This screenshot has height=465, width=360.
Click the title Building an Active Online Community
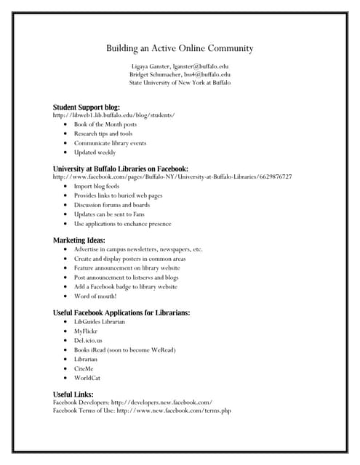(180, 49)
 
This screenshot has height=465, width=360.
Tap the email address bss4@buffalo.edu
(207, 74)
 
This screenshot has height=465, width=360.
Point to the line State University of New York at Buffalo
(180, 83)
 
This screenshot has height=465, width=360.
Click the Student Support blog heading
(86, 108)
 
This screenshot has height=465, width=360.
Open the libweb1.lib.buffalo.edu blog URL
(113, 116)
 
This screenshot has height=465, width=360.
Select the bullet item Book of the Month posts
(105, 124)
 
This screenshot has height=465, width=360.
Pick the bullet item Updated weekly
(95, 153)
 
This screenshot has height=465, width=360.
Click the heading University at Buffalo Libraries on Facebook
(121, 169)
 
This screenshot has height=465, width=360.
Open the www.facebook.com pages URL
(172, 177)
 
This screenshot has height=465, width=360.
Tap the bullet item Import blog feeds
(96, 186)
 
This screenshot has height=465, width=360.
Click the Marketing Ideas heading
(79, 240)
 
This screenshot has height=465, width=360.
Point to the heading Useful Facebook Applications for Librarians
(121, 312)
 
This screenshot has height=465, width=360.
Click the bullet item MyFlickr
(86, 331)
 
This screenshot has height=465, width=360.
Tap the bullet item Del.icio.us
(88, 340)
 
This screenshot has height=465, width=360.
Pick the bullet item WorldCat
(88, 378)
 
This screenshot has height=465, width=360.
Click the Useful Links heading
(73, 395)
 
